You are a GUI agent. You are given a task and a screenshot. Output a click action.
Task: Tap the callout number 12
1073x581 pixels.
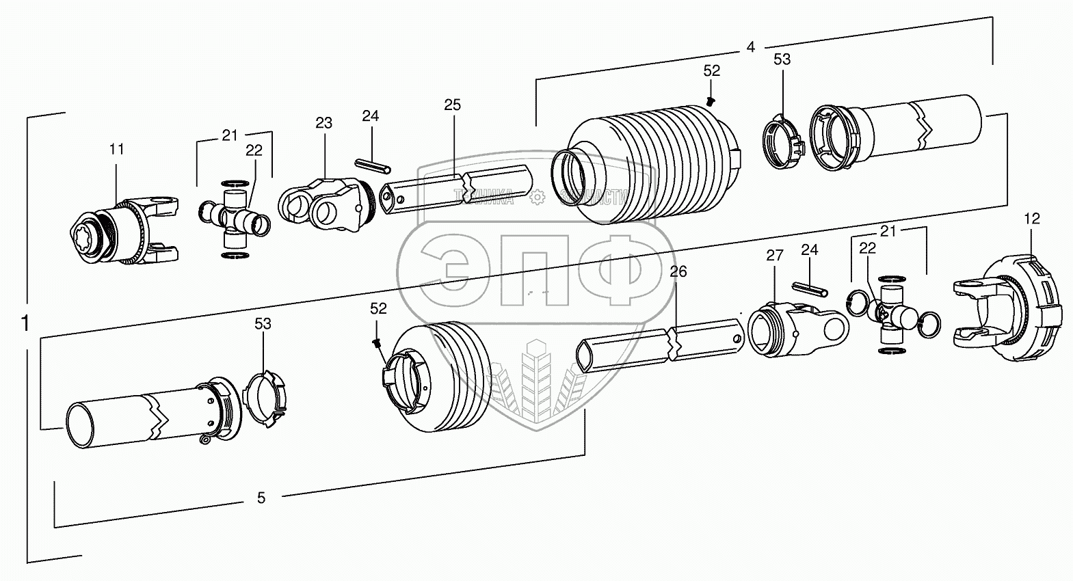point(1031,219)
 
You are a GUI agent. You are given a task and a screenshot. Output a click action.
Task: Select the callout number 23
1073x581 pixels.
point(323,123)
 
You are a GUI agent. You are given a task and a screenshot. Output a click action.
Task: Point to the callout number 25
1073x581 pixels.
point(452,105)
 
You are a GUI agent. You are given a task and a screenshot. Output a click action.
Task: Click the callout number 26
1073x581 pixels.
point(678,272)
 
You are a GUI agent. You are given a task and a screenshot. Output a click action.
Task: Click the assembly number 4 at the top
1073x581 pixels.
point(750,47)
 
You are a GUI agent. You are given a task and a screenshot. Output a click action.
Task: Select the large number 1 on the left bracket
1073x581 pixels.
point(25,323)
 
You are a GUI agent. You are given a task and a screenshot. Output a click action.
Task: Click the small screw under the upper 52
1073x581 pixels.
point(711,101)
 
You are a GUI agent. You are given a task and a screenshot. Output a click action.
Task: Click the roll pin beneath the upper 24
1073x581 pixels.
point(373,165)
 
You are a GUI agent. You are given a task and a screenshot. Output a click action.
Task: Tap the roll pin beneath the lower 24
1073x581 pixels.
point(810,290)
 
